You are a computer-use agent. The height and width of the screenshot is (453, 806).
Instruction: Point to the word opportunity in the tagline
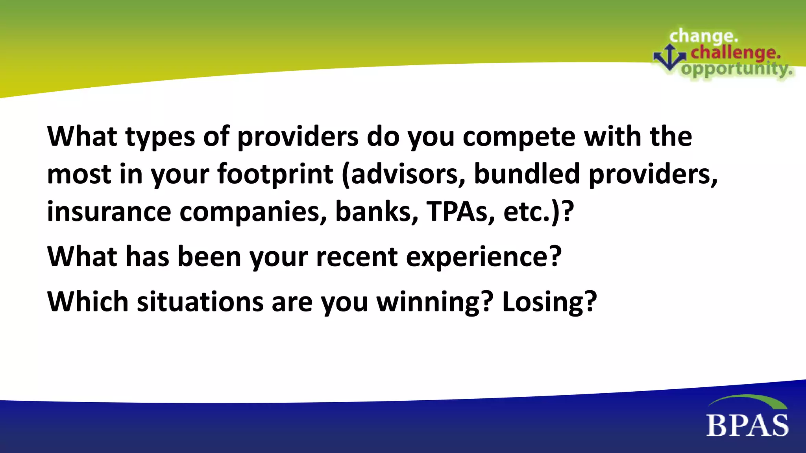tap(737, 70)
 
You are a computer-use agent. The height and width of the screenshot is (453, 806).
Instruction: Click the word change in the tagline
tap(704, 37)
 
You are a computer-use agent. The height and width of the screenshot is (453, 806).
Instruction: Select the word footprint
tap(275, 174)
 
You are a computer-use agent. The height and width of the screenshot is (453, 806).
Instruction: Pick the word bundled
tap(527, 174)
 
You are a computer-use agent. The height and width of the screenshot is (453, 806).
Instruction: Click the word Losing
tap(549, 302)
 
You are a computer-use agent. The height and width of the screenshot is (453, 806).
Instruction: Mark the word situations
tap(200, 302)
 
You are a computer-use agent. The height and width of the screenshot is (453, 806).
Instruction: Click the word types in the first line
tap(161, 137)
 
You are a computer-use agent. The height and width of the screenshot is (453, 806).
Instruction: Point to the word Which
tap(88, 302)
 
